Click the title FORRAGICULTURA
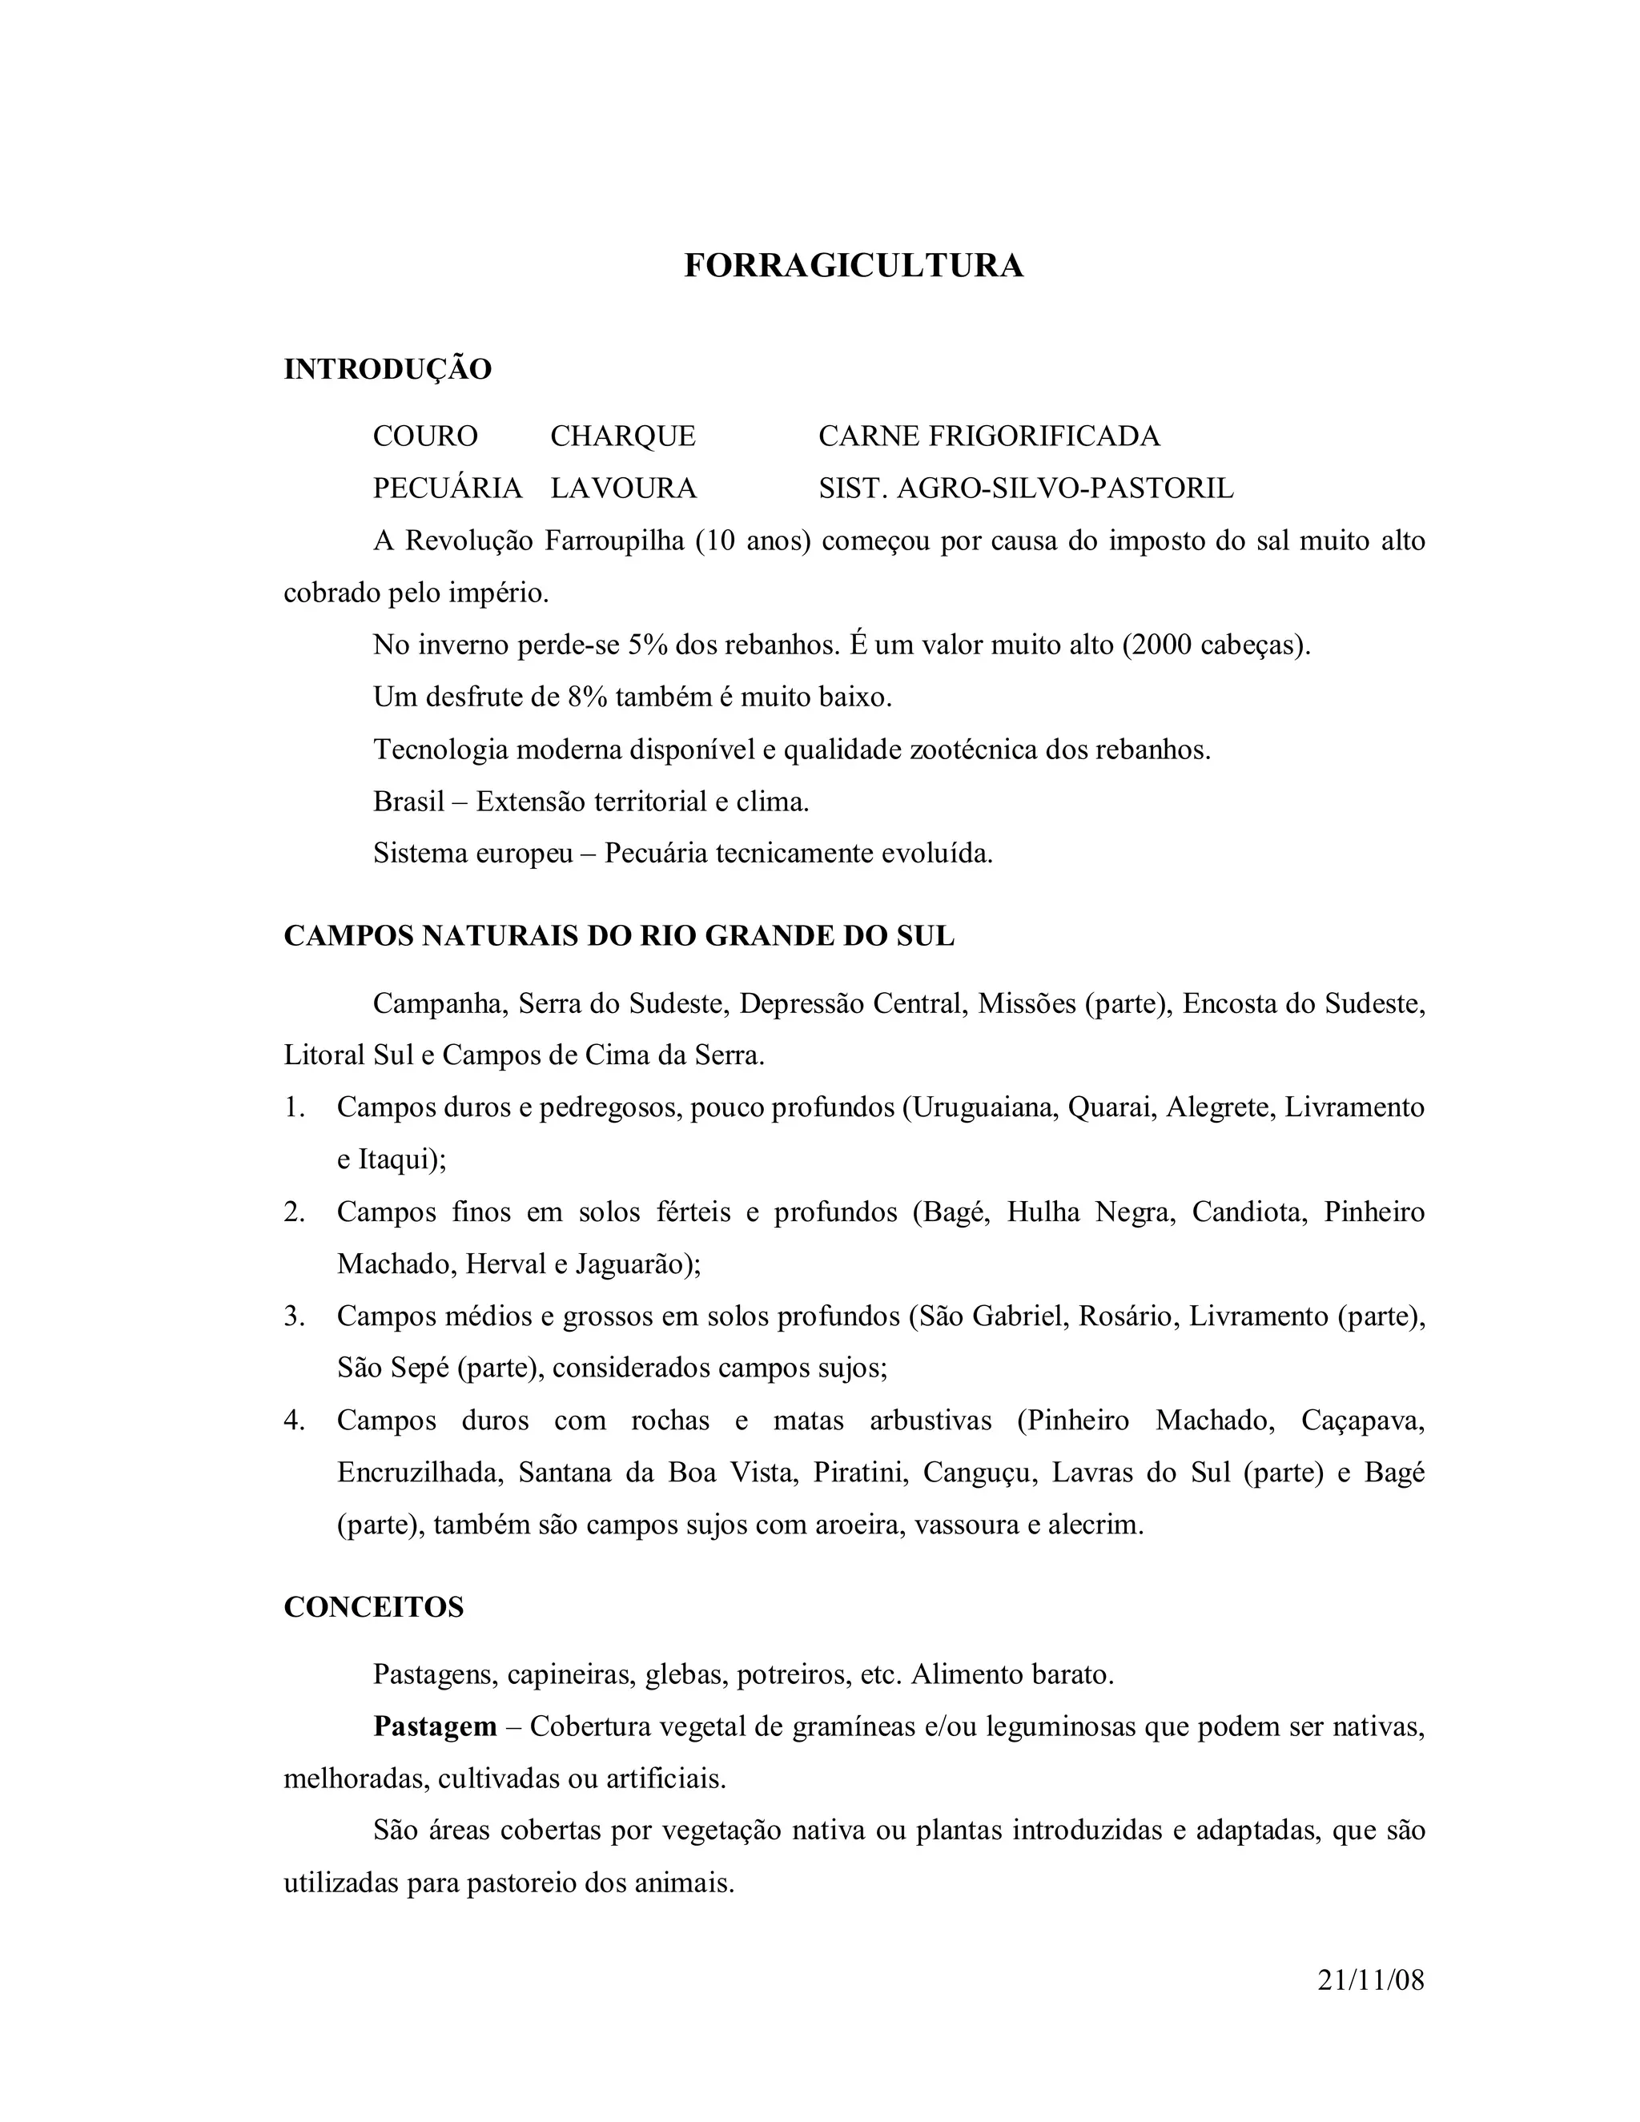pyautogui.click(x=853, y=265)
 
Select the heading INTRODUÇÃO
pyautogui.click(x=388, y=369)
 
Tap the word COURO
pyautogui.click(x=425, y=436)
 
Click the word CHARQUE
pyautogui.click(x=623, y=436)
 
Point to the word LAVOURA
pyautogui.click(x=624, y=488)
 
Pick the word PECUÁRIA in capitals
pyautogui.click(x=448, y=488)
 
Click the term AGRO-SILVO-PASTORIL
pyautogui.click(x=1065, y=488)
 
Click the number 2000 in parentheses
pyautogui.click(x=1161, y=645)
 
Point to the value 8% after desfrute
pyautogui.click(x=586, y=697)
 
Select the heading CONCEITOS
pyautogui.click(x=374, y=1607)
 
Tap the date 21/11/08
pyautogui.click(x=1371, y=1979)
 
